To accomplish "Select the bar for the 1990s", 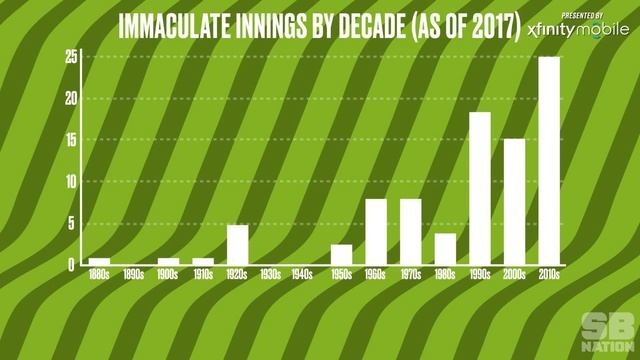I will pyautogui.click(x=480, y=188).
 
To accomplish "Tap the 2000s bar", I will pyautogui.click(x=514, y=201).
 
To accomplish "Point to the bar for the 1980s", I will pyautogui.click(x=445, y=248).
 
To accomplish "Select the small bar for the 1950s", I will pyautogui.click(x=341, y=254).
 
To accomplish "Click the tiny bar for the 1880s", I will pyautogui.click(x=99, y=261).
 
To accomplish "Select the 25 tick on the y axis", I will pyautogui.click(x=70, y=57).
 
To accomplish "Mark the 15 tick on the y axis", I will pyautogui.click(x=70, y=140).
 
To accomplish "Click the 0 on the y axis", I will pyautogui.click(x=72, y=265).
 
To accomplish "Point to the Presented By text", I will pyautogui.click(x=582, y=15).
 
